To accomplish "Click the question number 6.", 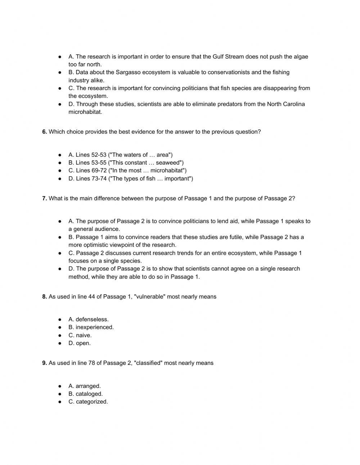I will (44, 132).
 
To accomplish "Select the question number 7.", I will (44, 198).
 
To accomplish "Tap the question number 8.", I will (44, 297).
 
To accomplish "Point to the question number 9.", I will (44, 363).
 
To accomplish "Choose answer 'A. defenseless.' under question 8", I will (88, 319).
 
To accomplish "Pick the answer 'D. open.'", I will (80, 343).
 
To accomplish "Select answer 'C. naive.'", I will (80, 335).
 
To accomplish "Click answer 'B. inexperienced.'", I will (91, 327).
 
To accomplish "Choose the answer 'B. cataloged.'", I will (85, 394).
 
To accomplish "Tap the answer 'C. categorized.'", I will (88, 402).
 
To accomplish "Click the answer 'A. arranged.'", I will (85, 386).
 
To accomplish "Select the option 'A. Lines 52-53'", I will (120, 155).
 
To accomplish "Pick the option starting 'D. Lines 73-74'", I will (130, 179).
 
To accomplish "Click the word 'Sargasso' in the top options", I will (128, 72).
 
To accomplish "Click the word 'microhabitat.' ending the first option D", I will (85, 112).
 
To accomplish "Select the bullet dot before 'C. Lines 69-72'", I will (60, 171).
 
